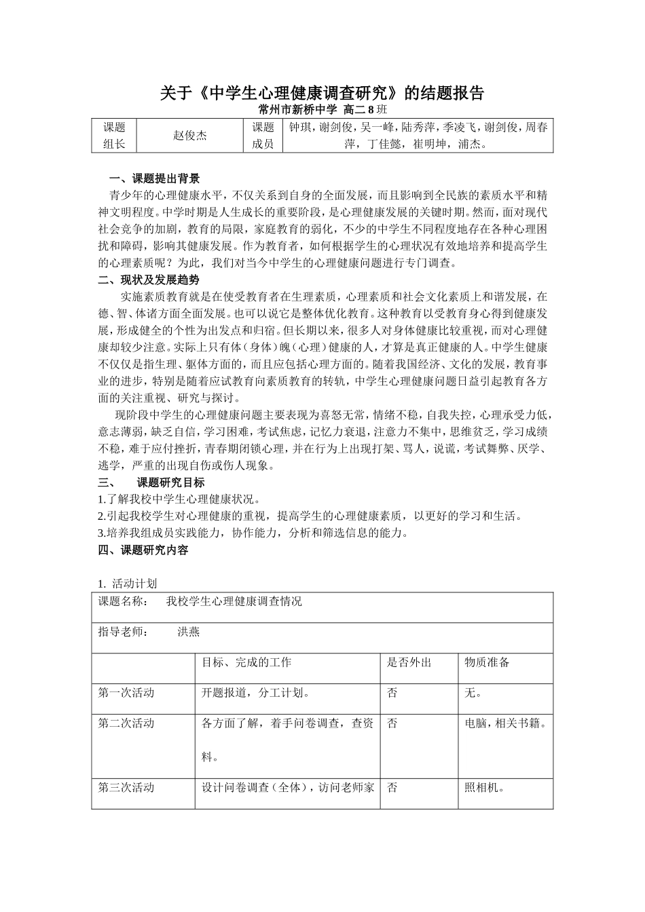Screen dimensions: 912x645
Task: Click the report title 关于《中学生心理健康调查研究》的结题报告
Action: point(322,93)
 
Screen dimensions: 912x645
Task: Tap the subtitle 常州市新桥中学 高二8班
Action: point(322,109)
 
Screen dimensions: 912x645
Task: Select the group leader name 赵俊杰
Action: point(189,135)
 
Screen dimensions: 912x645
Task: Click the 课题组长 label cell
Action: point(114,135)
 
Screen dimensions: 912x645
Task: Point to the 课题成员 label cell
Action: point(263,135)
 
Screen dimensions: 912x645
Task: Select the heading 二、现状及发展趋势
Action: point(149,280)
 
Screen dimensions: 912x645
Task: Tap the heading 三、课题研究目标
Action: point(151,482)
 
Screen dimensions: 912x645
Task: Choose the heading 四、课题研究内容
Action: point(143,550)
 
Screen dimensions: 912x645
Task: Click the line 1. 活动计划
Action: point(128,583)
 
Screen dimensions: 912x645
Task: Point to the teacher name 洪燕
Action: point(189,631)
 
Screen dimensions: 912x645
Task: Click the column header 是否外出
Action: point(409,662)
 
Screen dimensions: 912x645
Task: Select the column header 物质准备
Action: point(487,662)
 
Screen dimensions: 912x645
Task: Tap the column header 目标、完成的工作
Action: point(246,662)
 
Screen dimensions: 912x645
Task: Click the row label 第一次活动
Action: point(126,692)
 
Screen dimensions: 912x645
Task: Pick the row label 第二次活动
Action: point(126,723)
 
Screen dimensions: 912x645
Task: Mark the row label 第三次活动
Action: point(126,787)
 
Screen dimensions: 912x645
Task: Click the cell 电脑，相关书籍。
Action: point(506,723)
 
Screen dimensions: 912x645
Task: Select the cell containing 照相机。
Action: point(483,788)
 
